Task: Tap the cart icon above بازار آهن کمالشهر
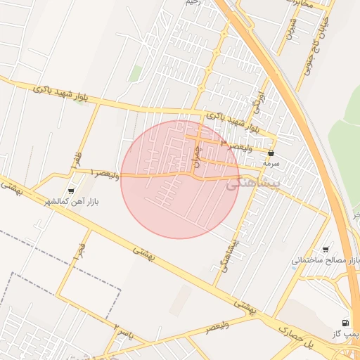pyautogui.click(x=70, y=191)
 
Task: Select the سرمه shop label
pyautogui.click(x=271, y=163)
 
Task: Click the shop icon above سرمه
pyautogui.click(x=271, y=152)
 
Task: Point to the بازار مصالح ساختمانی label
pyautogui.click(x=325, y=261)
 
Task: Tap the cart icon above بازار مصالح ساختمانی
pyautogui.click(x=325, y=249)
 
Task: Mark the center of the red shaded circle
pyautogui.click(x=180, y=179)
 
